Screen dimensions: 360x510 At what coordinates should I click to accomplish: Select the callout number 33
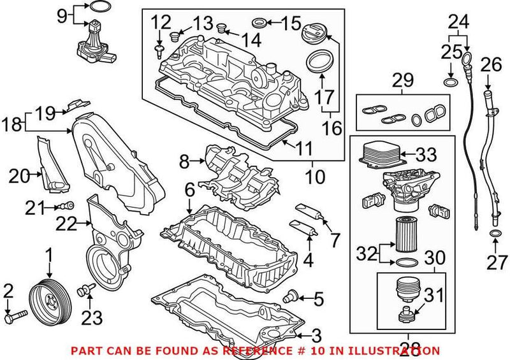[423, 154]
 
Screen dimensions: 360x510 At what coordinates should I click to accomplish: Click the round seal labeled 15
[259, 25]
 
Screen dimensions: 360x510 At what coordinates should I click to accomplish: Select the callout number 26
[491, 64]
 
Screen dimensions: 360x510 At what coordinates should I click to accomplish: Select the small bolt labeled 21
[68, 205]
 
